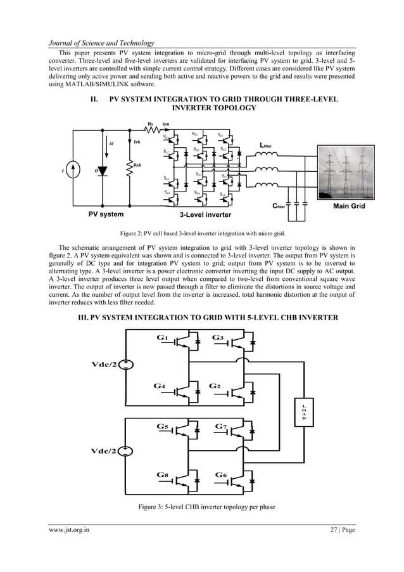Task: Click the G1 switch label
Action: tap(162, 337)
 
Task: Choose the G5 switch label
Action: tap(162, 427)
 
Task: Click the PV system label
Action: tap(105, 214)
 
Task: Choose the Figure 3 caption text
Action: tap(201, 508)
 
